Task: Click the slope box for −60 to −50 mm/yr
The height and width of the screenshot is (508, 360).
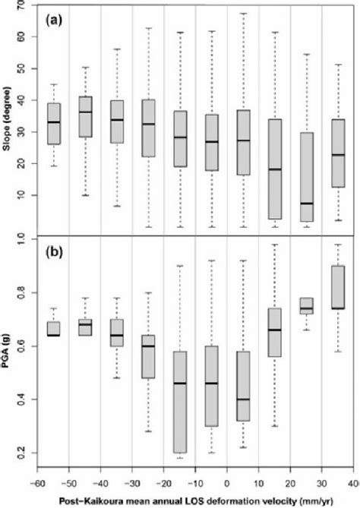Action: [x=53, y=124]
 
